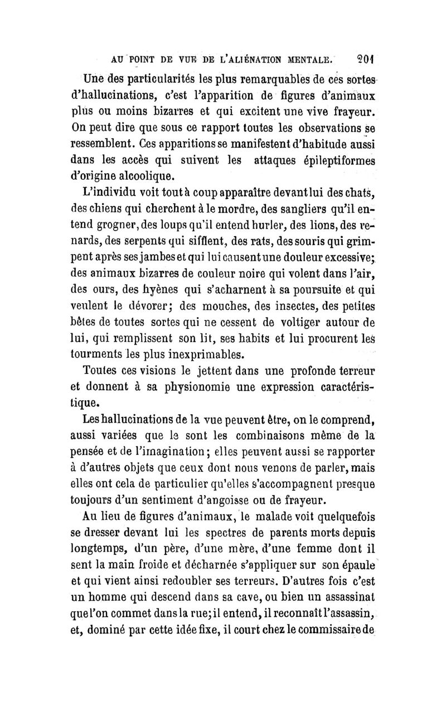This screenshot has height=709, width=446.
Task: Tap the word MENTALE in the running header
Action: tap(304, 56)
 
